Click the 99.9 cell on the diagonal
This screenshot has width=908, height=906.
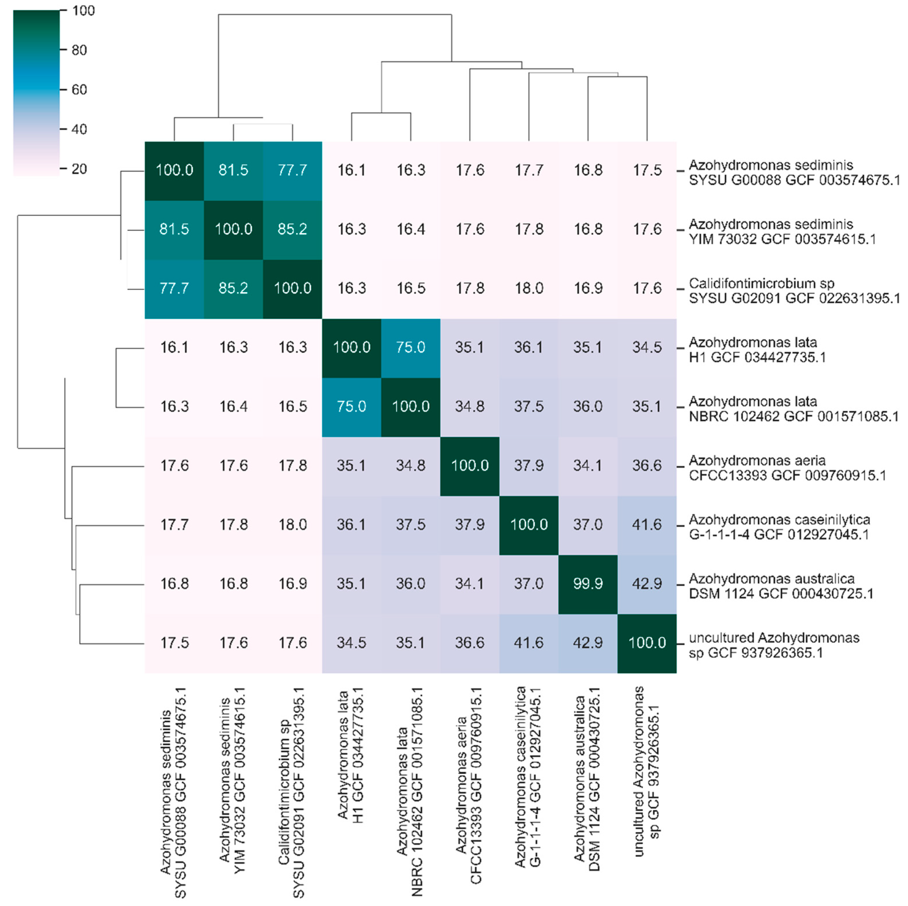pos(587,583)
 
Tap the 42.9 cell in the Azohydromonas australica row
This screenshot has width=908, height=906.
pos(647,583)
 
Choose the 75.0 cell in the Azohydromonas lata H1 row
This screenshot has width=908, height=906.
pos(410,347)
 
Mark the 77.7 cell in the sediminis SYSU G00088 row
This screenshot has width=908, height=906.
pos(292,170)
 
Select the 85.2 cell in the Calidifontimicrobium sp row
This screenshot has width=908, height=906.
pos(233,288)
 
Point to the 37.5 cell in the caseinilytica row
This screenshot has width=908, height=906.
pos(410,524)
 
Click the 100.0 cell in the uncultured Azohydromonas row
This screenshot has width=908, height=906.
pos(647,643)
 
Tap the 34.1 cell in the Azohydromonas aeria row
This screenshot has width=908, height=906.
pos(587,466)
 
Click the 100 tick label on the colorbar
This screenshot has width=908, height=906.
pos(83,10)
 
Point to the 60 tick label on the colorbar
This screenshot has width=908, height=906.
pos(79,89)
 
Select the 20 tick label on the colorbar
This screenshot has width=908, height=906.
pos(79,168)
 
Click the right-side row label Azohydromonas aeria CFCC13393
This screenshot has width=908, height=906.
pos(787,468)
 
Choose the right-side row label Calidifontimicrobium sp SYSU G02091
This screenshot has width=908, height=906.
pos(794,291)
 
